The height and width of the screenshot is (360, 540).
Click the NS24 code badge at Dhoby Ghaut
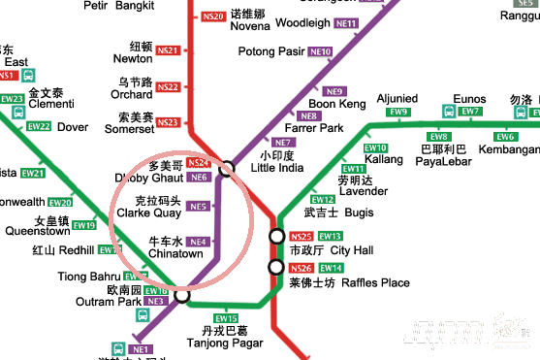point(198,163)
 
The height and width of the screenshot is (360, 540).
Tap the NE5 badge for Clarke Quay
point(199,206)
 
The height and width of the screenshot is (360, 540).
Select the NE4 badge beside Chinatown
point(198,242)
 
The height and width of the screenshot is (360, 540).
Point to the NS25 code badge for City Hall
point(302,236)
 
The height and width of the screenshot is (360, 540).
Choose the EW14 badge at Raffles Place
point(331,268)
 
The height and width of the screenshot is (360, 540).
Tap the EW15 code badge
point(226,318)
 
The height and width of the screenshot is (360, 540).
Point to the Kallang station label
point(384,158)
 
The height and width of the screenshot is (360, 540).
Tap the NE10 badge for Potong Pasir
point(320,50)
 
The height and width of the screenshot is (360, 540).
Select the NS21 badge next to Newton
point(168,49)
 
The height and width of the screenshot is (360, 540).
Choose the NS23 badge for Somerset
point(168,122)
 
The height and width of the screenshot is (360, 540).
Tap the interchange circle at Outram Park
point(181,296)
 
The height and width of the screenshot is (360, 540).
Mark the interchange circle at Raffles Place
point(276,268)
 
